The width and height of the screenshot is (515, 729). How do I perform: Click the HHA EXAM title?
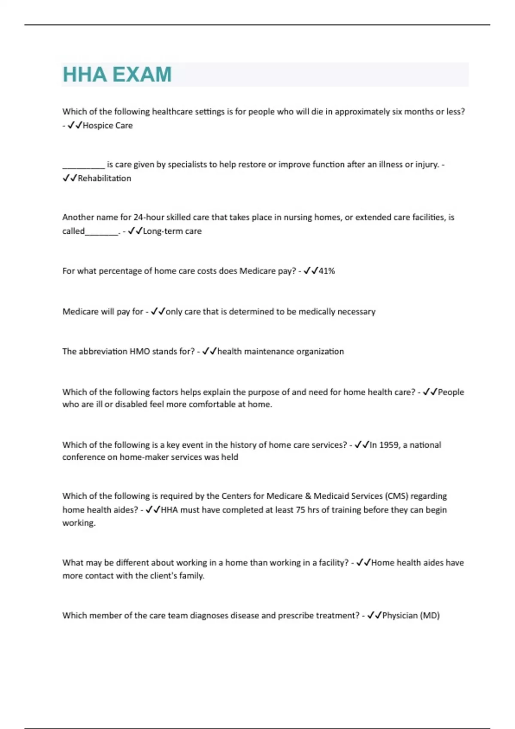tap(117, 75)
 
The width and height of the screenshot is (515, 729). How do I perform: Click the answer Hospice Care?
tap(107, 126)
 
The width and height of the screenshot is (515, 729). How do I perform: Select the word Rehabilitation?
tap(104, 178)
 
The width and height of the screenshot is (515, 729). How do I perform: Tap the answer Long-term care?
tap(172, 231)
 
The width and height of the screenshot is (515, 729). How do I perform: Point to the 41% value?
tap(327, 271)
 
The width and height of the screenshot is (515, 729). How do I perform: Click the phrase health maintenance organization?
tap(280, 352)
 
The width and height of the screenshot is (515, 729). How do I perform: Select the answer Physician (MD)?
tap(411, 616)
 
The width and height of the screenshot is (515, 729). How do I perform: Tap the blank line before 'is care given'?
tap(83, 165)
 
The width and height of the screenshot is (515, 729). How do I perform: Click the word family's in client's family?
tap(191, 576)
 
